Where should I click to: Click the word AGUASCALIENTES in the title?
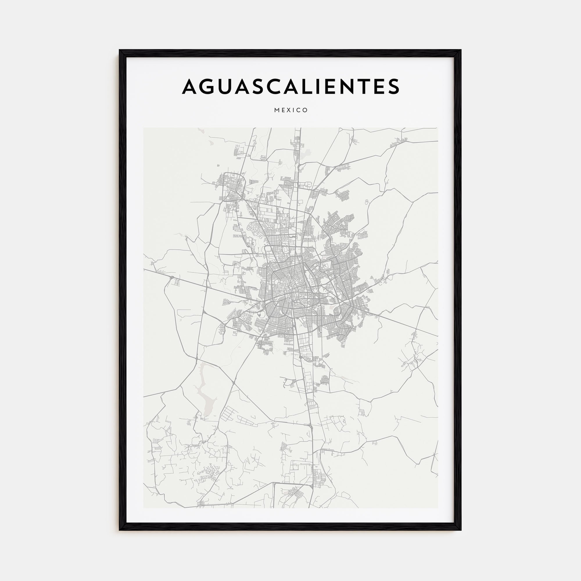tap(290, 86)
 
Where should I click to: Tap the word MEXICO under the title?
tap(291, 110)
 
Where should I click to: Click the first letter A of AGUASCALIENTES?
tap(191, 86)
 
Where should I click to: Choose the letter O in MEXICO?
tap(306, 110)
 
